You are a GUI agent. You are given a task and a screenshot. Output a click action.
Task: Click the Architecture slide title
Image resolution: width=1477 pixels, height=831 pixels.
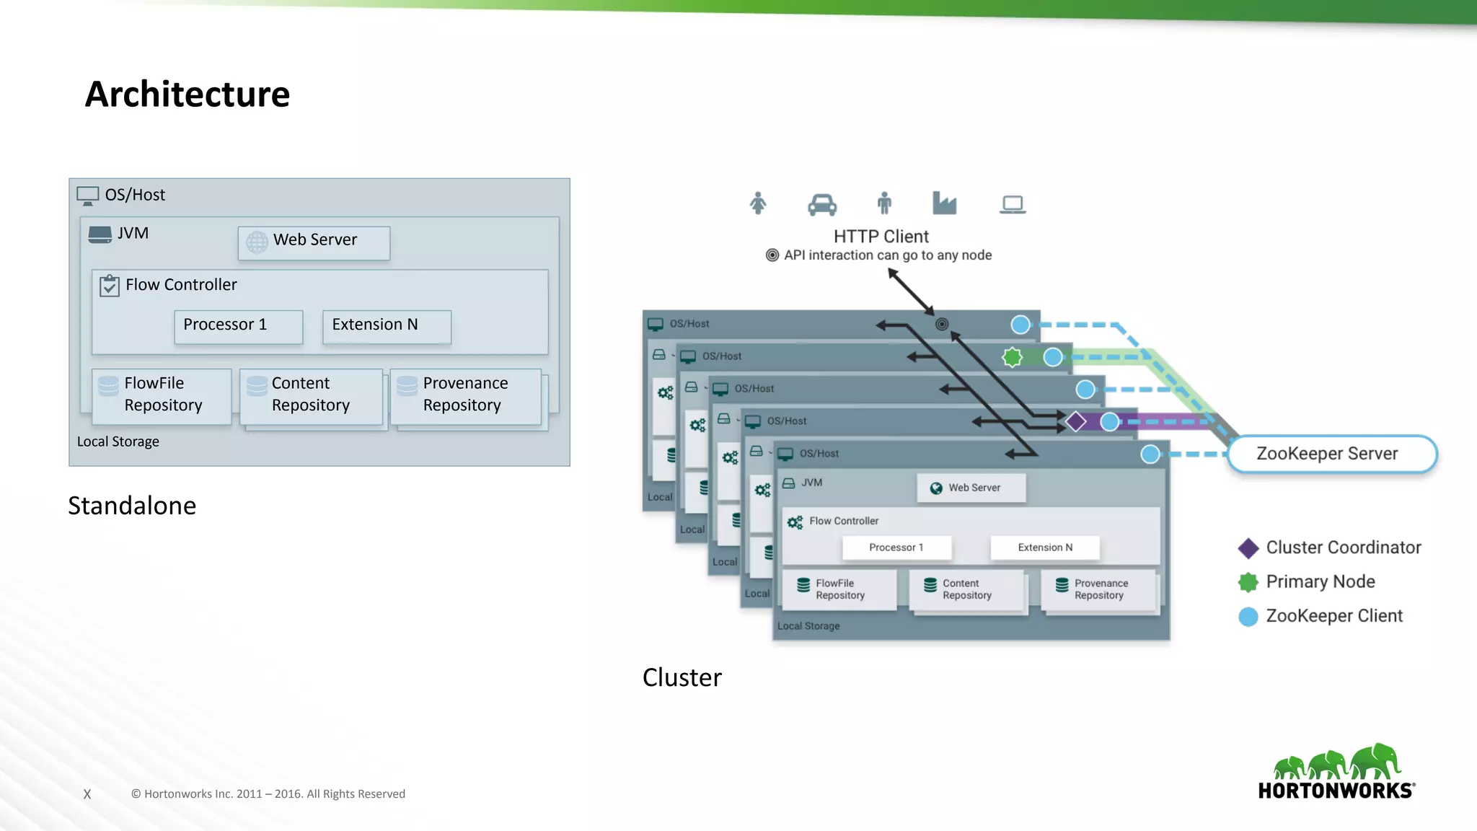click(x=188, y=94)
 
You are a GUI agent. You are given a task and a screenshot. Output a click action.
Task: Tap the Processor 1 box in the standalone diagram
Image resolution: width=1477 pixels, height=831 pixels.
click(x=238, y=326)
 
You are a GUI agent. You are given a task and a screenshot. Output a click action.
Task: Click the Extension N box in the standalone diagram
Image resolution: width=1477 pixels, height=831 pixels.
click(x=387, y=326)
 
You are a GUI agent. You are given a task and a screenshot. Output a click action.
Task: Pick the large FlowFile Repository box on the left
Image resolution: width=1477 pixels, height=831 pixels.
click(x=162, y=395)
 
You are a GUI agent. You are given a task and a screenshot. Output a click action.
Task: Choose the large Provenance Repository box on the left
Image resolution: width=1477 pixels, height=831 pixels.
click(x=465, y=395)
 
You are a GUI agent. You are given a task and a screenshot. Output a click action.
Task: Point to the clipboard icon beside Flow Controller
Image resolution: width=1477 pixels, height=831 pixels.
click(x=109, y=286)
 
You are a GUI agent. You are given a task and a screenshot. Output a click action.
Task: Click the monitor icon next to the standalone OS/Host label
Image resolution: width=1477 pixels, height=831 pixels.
click(x=88, y=195)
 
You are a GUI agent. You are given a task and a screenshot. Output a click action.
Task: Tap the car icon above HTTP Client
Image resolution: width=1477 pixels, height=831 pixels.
click(x=822, y=205)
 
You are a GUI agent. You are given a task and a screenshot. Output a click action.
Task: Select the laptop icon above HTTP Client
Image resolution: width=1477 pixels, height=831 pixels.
click(x=1013, y=205)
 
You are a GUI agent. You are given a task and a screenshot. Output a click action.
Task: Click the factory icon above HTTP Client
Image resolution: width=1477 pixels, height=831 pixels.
click(x=944, y=203)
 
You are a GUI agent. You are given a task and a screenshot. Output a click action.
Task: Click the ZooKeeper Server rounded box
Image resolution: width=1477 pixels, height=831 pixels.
click(x=1331, y=454)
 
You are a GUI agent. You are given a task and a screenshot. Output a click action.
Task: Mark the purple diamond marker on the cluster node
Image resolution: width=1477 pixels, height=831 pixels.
click(x=1076, y=421)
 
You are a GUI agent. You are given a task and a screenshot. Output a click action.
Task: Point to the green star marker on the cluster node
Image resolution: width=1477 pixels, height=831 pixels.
click(x=1013, y=357)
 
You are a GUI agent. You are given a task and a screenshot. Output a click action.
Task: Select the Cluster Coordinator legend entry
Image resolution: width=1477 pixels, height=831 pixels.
click(x=1329, y=548)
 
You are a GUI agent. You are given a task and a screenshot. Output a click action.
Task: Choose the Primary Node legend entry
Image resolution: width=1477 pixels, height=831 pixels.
click(x=1307, y=581)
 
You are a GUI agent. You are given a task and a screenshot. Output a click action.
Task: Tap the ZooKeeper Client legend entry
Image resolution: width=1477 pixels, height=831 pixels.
click(x=1321, y=616)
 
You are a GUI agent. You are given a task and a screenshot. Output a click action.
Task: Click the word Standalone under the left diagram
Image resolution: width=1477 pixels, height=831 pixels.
click(x=132, y=506)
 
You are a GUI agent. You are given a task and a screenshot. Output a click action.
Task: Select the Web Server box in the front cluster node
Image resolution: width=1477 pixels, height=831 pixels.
click(x=971, y=488)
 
